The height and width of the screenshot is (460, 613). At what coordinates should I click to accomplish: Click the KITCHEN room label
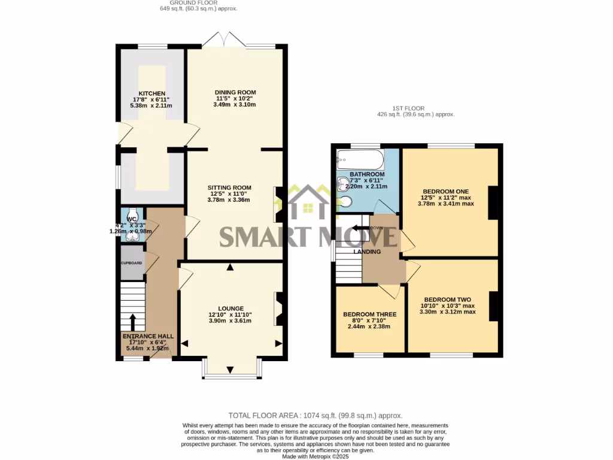tap(151, 93)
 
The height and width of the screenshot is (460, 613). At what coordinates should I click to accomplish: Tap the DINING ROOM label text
tap(235, 92)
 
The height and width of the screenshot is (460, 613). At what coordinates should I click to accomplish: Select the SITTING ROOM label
tap(229, 187)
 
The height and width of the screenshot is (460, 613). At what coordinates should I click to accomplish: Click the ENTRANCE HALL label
tap(148, 336)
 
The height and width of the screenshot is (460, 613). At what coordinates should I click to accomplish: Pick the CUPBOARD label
tap(132, 264)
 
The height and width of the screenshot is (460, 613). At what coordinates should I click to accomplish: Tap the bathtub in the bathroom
tap(359, 159)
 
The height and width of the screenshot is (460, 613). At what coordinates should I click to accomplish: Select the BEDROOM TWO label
tap(447, 299)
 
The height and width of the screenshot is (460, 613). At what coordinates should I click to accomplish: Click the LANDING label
tap(367, 252)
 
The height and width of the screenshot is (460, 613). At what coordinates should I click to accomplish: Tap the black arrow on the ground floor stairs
tap(133, 320)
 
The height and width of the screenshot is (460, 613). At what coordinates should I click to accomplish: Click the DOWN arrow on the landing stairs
tap(362, 228)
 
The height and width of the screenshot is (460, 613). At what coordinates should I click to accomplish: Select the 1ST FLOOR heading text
tap(415, 108)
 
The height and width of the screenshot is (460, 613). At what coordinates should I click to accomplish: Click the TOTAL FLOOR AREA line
tap(315, 415)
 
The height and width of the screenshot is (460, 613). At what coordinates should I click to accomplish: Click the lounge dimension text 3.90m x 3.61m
tap(229, 320)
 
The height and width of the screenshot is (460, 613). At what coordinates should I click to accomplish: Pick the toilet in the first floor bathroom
tap(345, 202)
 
